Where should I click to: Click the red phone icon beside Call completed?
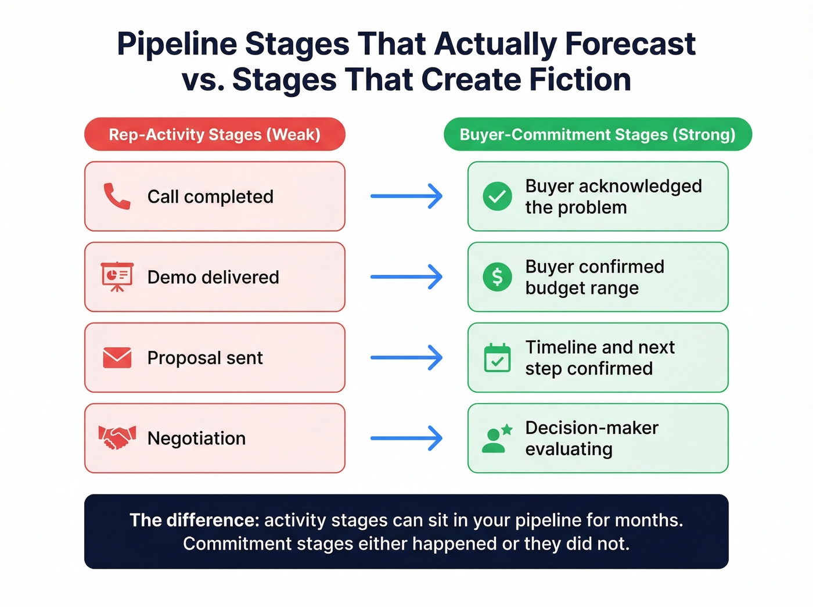(117, 196)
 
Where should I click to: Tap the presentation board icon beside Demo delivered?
(117, 276)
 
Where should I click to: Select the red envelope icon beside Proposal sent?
(117, 358)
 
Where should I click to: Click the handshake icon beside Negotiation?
(117, 437)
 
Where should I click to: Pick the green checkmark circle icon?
(497, 196)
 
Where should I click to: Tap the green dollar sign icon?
(497, 276)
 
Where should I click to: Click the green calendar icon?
(497, 358)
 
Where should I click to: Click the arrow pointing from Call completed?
(406, 196)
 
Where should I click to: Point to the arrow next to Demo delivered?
(406, 277)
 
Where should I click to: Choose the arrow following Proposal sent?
(406, 358)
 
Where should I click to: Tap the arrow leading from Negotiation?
(406, 438)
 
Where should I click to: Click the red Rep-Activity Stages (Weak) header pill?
(215, 134)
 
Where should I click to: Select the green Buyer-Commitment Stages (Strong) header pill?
(598, 134)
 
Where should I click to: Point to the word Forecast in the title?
(630, 44)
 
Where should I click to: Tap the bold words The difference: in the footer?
(194, 520)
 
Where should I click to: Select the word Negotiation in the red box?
(196, 438)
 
